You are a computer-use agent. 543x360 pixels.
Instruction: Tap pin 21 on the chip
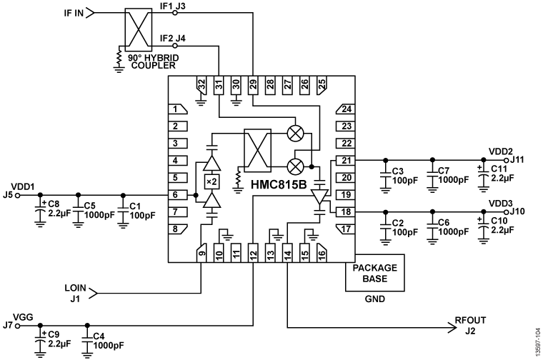346,160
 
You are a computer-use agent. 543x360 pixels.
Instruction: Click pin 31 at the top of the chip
219,85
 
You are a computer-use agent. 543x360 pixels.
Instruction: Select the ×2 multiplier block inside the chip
211,182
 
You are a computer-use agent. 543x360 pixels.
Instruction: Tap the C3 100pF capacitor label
404,176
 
